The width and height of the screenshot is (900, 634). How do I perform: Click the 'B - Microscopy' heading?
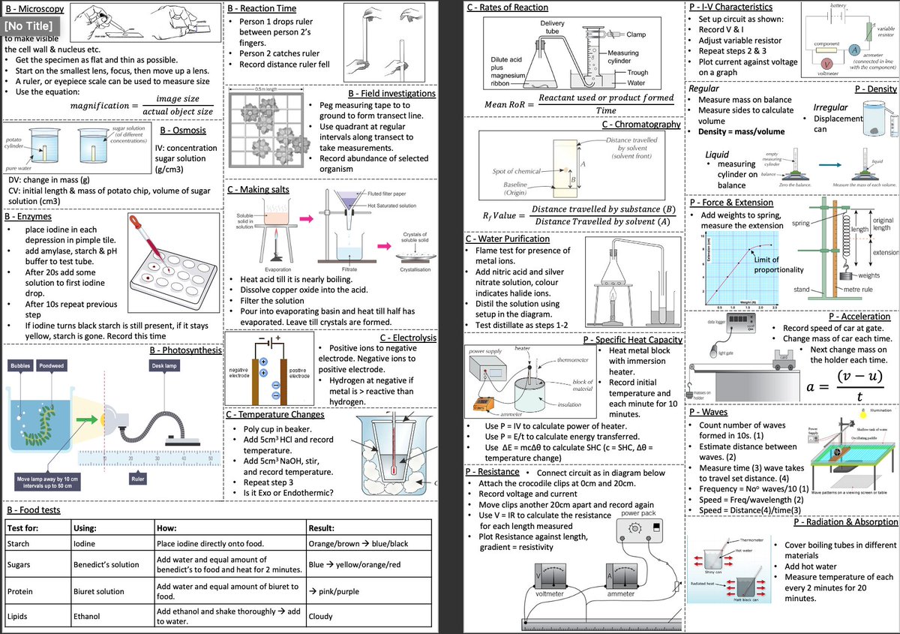tap(34, 8)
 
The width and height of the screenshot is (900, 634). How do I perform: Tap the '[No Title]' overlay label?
tap(27, 27)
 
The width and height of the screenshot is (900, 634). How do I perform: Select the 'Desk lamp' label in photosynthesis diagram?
tap(165, 365)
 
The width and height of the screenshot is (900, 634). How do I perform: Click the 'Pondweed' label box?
tap(52, 365)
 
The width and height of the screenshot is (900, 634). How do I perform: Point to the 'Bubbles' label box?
tap(19, 365)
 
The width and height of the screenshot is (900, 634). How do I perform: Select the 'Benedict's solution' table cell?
tap(106, 564)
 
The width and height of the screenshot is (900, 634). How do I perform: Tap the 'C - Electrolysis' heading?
tap(408, 338)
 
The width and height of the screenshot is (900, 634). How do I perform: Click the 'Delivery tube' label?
tap(553, 29)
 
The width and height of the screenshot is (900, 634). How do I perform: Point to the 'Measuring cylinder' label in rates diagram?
tap(622, 57)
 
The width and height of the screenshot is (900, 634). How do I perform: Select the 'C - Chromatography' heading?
tap(641, 125)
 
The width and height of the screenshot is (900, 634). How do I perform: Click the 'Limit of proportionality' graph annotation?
tap(778, 265)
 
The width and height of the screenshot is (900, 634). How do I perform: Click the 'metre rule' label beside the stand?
tap(856, 290)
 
